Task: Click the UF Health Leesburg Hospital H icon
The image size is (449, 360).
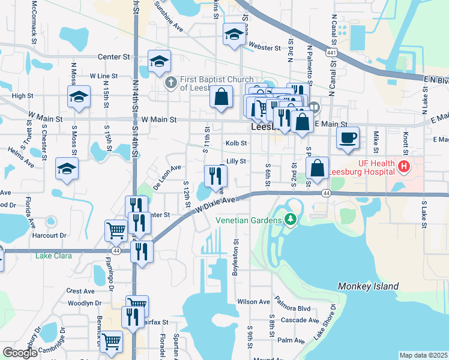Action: pos(405,166)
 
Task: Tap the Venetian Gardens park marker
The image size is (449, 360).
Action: pos(291,220)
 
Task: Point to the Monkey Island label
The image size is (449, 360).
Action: pos(368,286)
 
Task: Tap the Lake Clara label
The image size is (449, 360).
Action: pos(53,256)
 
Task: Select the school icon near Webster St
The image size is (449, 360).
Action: pos(234,34)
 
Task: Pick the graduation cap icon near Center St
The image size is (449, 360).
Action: pos(160,61)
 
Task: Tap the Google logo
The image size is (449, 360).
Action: pos(20,353)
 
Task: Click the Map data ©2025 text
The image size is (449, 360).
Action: pos(423,355)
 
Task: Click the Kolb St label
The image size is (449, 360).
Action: pos(236,143)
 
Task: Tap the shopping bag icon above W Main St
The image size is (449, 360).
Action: pos(221,96)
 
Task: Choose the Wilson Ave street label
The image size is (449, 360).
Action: pos(250,302)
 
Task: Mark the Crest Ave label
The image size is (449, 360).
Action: pos(81,291)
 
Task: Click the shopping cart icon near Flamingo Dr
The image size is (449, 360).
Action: pos(116,229)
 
